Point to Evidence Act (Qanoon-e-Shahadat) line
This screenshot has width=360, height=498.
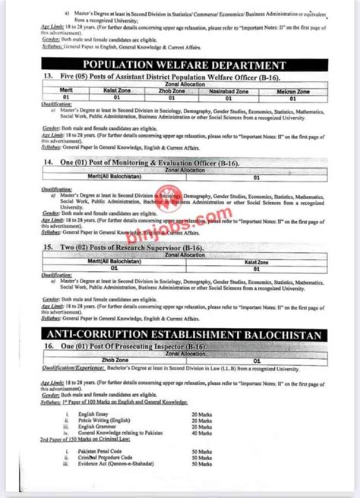pyautogui.click(x=134, y=465)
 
